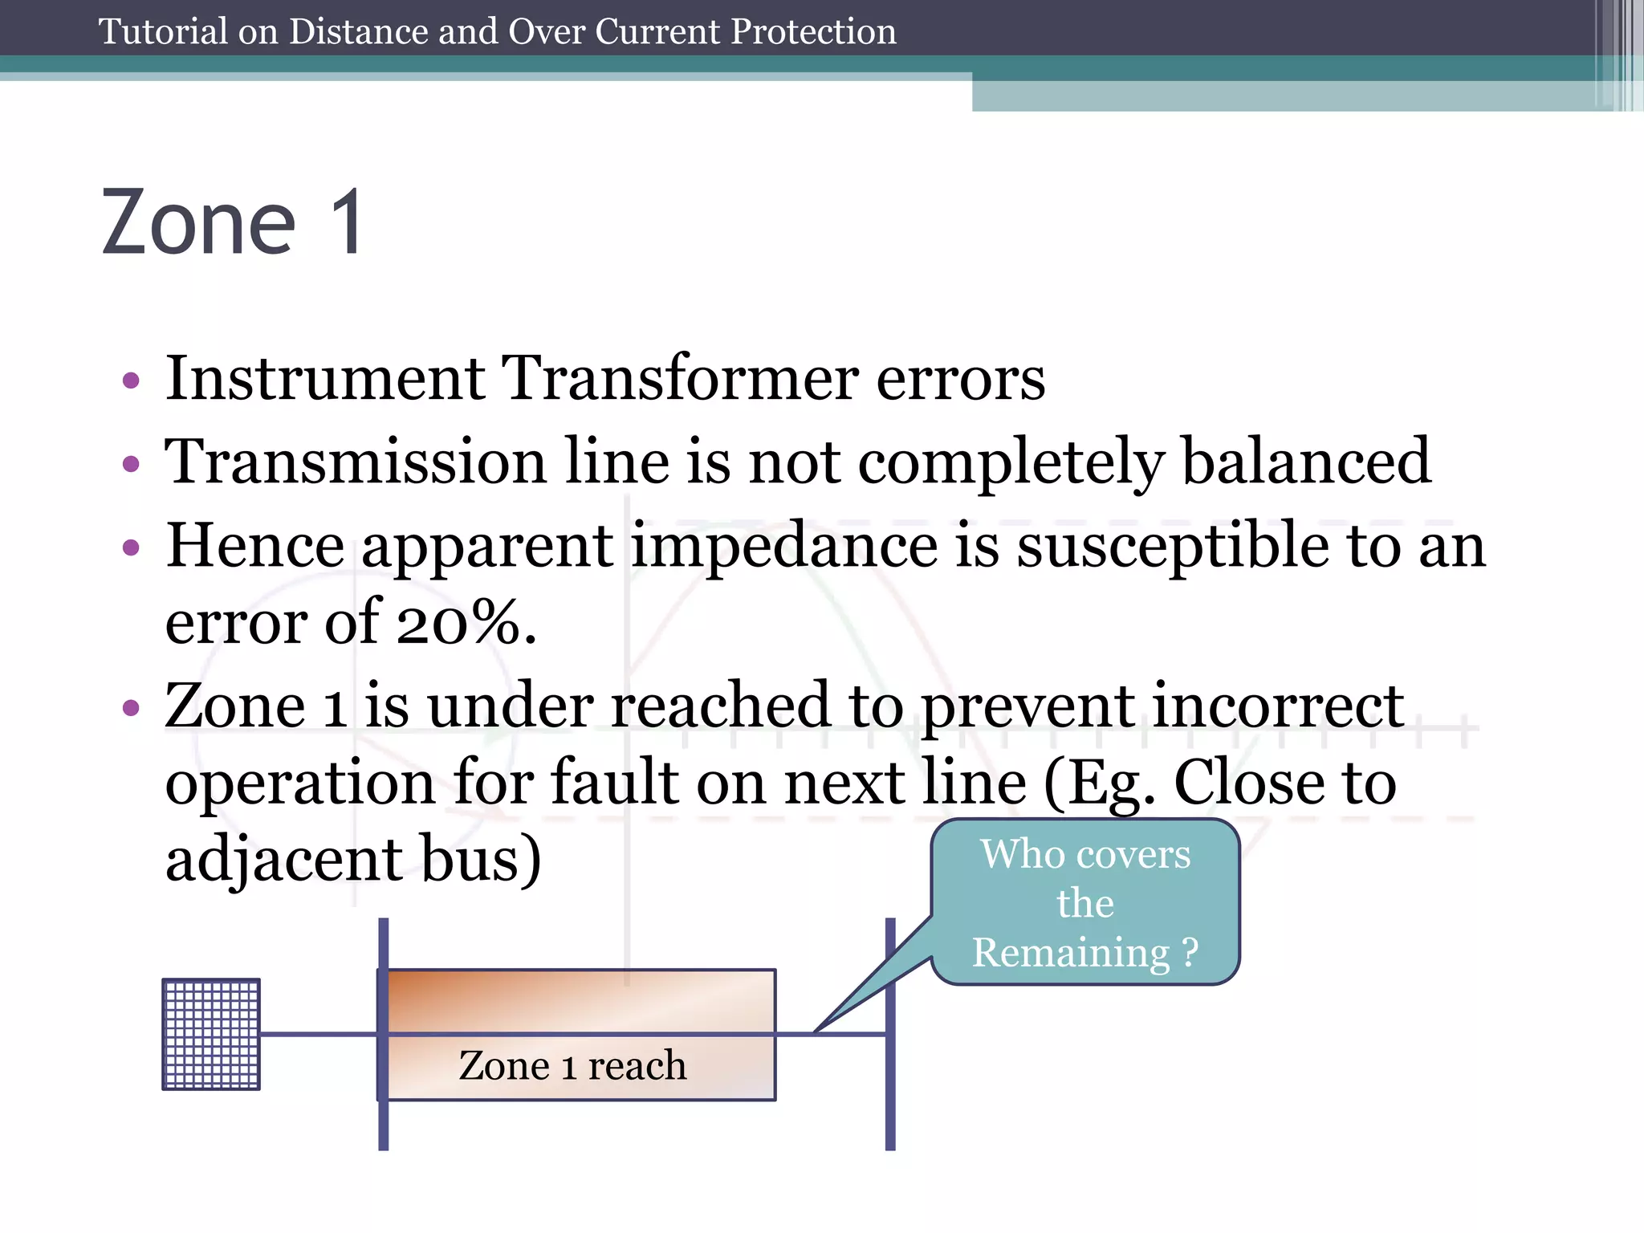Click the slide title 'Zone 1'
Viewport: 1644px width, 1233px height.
click(x=233, y=223)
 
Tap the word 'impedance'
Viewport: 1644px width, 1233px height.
click(x=784, y=546)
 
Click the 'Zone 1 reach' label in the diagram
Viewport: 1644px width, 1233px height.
click(x=572, y=1066)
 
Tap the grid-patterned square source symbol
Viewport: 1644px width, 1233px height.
click(x=211, y=1034)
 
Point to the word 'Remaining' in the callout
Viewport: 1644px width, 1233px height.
click(x=1071, y=953)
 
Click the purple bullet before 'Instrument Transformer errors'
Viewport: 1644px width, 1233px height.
click(x=131, y=380)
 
